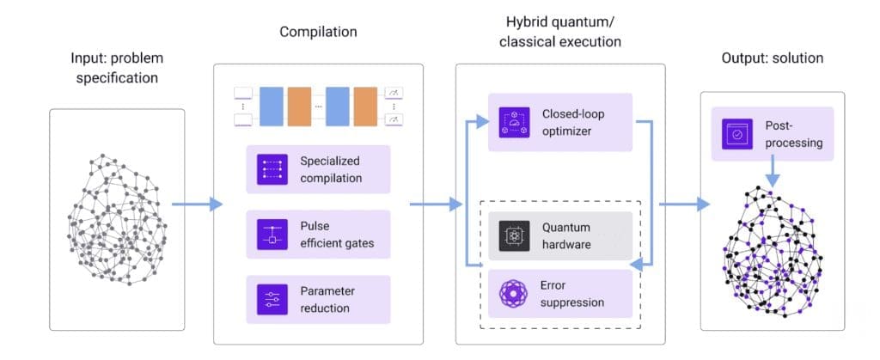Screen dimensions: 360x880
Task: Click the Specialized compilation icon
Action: tap(272, 169)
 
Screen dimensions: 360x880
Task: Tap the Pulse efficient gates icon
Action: tap(272, 234)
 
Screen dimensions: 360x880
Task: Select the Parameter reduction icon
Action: tap(272, 299)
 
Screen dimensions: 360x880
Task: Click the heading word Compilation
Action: tap(318, 33)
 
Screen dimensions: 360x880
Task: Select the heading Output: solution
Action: tap(773, 58)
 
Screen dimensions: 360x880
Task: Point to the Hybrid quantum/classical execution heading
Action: tap(559, 31)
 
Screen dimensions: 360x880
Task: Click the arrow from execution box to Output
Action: tap(684, 204)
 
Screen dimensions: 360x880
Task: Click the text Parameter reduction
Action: tap(327, 299)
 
